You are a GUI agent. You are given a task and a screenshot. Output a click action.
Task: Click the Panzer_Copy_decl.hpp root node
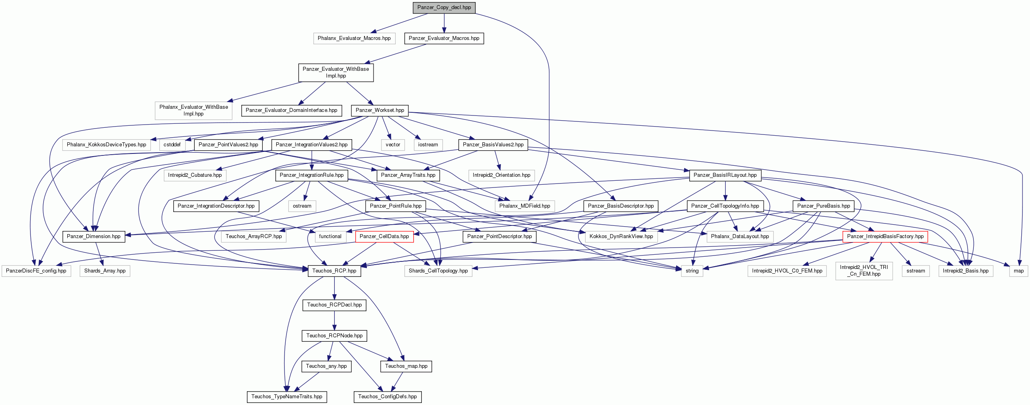coord(444,8)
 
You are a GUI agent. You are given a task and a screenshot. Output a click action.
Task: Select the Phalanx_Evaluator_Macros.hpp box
coord(354,38)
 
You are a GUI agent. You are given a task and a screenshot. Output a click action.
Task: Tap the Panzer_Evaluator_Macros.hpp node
coord(444,38)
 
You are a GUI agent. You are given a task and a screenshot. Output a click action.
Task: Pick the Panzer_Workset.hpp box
coord(380,110)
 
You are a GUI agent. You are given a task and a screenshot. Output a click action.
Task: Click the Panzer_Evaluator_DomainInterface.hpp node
coord(292,110)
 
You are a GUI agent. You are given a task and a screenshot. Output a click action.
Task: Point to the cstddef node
coord(172,145)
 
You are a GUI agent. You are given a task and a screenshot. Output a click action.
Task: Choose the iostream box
coord(428,145)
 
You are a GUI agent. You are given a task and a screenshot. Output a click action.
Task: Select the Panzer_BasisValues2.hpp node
coord(493,145)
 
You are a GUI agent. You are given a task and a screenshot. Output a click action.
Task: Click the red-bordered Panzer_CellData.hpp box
coord(384,237)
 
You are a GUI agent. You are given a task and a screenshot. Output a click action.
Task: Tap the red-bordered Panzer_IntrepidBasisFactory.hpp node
coord(885,237)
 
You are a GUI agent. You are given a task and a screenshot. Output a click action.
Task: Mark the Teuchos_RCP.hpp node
coord(334,271)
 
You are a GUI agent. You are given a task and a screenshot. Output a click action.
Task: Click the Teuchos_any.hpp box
coord(326,366)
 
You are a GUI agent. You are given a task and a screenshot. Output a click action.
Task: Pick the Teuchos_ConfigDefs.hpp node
coord(387,397)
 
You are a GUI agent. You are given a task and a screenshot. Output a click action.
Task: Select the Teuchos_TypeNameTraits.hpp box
coord(287,397)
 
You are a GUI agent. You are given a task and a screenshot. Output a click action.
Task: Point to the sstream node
coord(916,271)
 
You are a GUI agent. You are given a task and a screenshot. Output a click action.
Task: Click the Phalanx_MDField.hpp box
coord(525,206)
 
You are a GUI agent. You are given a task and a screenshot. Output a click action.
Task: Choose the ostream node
coord(302,206)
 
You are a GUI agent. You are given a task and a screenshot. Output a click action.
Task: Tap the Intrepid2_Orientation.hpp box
coord(501,175)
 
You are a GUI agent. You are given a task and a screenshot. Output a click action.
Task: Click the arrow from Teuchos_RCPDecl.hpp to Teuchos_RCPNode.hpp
coord(334,320)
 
